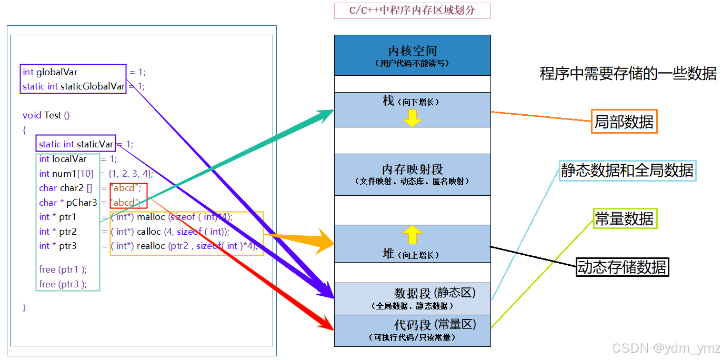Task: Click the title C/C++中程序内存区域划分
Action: point(412,11)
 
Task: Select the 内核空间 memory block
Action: point(412,55)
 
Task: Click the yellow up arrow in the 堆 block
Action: point(413,234)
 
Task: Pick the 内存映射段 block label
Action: point(412,169)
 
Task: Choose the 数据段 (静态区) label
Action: point(435,293)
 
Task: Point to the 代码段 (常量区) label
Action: point(435,325)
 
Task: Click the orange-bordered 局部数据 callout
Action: point(624,122)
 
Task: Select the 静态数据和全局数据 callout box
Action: point(627,171)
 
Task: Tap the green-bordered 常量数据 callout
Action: point(624,218)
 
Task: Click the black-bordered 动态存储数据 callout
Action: point(622,267)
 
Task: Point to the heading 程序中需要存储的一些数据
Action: point(628,74)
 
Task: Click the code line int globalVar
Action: point(50,72)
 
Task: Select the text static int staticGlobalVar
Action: point(73,86)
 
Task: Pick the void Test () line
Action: point(46,115)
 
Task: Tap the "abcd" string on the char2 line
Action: point(125,188)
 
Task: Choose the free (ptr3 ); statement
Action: point(63,284)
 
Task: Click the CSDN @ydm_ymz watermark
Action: point(666,348)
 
